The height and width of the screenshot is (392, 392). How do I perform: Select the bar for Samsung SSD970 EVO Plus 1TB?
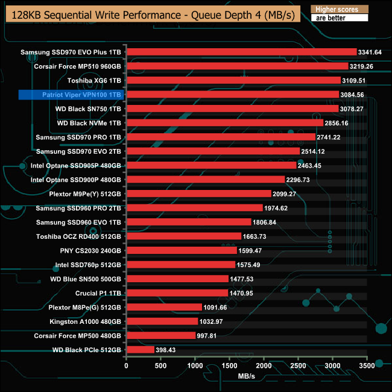point(241,52)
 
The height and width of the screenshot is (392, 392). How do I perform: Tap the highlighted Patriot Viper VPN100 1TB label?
point(71,95)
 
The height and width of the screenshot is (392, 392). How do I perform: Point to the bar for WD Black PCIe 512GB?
point(141,349)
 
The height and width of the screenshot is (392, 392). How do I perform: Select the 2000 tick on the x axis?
point(264,365)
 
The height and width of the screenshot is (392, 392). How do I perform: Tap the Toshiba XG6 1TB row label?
point(93,80)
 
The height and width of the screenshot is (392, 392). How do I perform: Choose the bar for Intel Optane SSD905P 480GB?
point(211,165)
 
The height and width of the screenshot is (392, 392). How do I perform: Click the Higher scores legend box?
point(338,9)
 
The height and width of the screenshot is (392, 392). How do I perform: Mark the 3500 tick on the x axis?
point(367,365)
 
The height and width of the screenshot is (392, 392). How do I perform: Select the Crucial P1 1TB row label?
point(98,292)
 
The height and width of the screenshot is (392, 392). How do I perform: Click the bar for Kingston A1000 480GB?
point(162,321)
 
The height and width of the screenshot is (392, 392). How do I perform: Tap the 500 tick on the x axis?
point(160,365)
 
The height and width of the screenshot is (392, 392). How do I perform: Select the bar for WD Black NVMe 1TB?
point(224,123)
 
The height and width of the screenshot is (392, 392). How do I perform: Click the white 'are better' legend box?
point(338,18)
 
